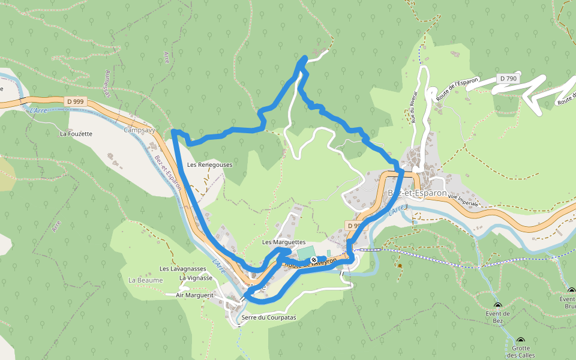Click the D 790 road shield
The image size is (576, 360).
[x=507, y=79]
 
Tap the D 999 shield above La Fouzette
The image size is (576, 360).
[x=75, y=101]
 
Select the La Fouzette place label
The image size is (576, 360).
[x=76, y=134]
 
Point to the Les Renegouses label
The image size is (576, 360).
[x=209, y=164]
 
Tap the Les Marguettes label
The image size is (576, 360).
[x=284, y=242]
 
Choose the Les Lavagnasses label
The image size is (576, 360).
[x=183, y=269]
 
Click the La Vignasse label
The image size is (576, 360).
[x=196, y=278]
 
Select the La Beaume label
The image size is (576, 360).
[x=146, y=280]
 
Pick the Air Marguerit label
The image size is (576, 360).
[x=195, y=295]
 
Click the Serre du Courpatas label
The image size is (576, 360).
[x=269, y=317]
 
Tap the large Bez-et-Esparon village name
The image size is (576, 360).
[x=418, y=193]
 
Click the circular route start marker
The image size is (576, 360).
[x=314, y=260]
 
